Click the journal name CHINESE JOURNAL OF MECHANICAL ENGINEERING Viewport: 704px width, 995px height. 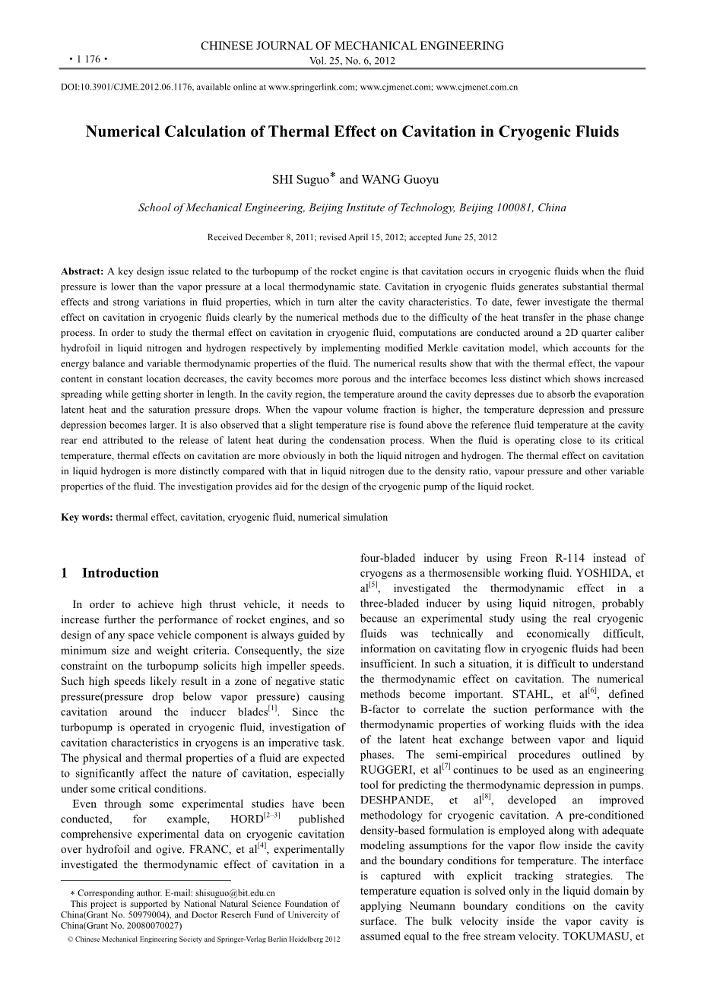point(352,46)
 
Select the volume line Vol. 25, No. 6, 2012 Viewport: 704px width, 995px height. point(352,61)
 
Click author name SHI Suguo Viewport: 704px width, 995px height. point(300,180)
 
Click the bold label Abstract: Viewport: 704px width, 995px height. point(82,271)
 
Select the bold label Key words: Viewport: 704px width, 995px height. point(87,517)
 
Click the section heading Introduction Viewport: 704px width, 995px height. point(120,573)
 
